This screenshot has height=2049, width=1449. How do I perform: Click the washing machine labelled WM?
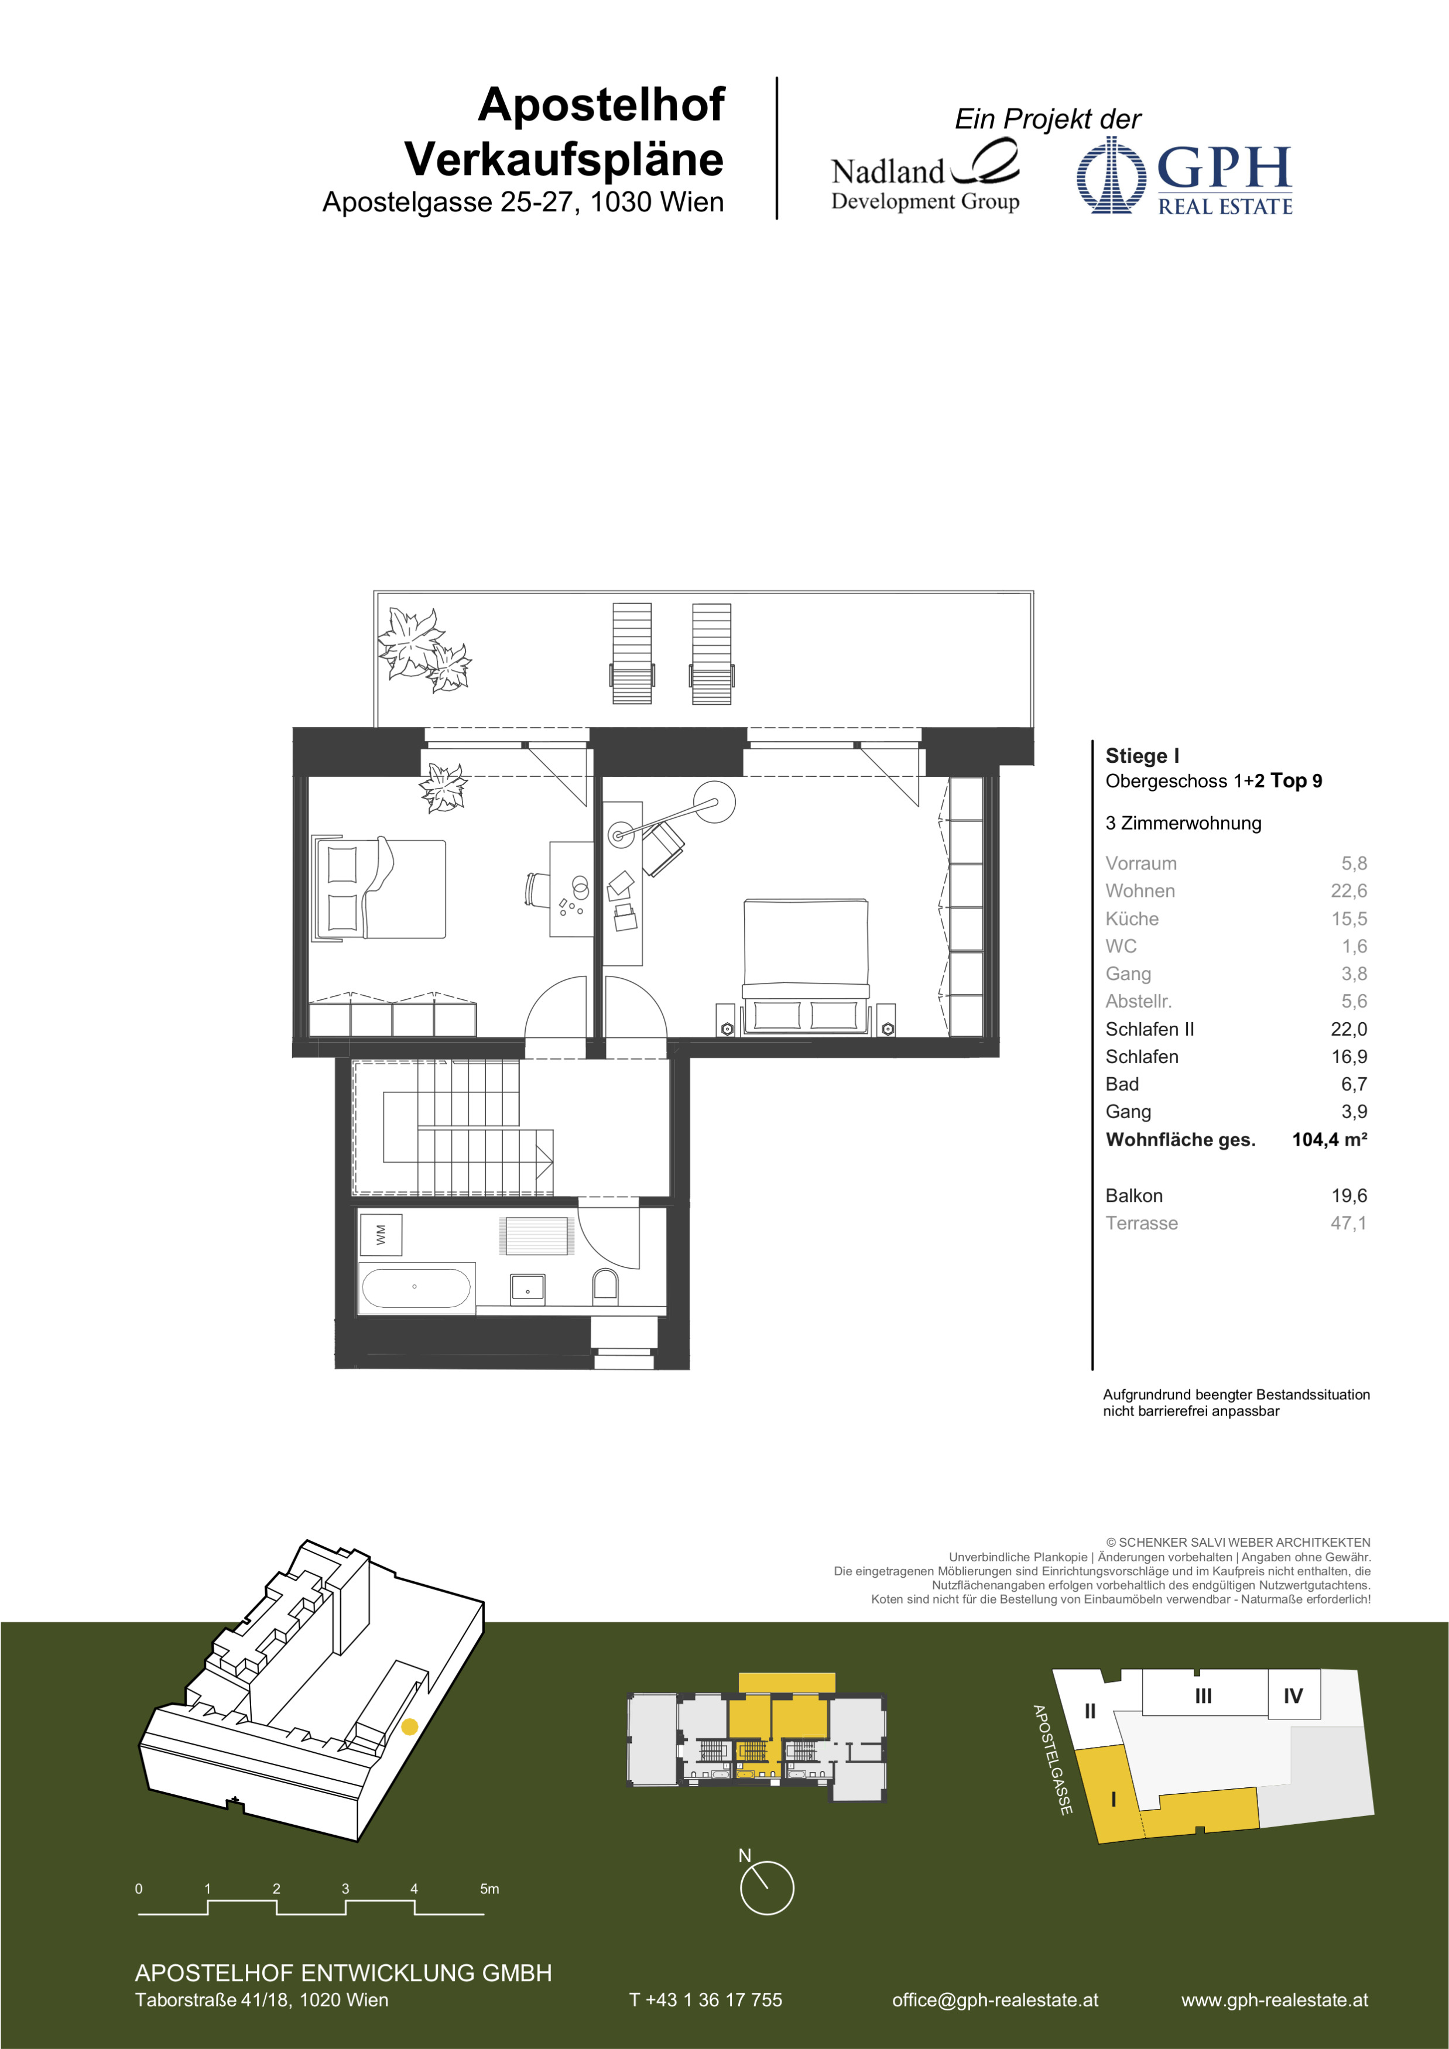pos(381,1235)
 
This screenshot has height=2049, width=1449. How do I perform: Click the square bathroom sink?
pos(527,1289)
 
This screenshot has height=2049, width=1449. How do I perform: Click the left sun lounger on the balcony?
pos(632,653)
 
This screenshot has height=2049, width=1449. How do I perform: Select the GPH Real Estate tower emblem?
pos(1111,175)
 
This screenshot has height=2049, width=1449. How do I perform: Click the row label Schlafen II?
pos(1149,1029)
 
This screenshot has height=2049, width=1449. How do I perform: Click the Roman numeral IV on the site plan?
pos(1293,1695)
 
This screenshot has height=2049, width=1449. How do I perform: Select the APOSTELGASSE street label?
pos(1052,1760)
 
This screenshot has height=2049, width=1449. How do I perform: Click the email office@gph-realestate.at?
pos(995,2000)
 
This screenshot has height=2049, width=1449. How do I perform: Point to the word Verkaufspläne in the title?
pos(564,160)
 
